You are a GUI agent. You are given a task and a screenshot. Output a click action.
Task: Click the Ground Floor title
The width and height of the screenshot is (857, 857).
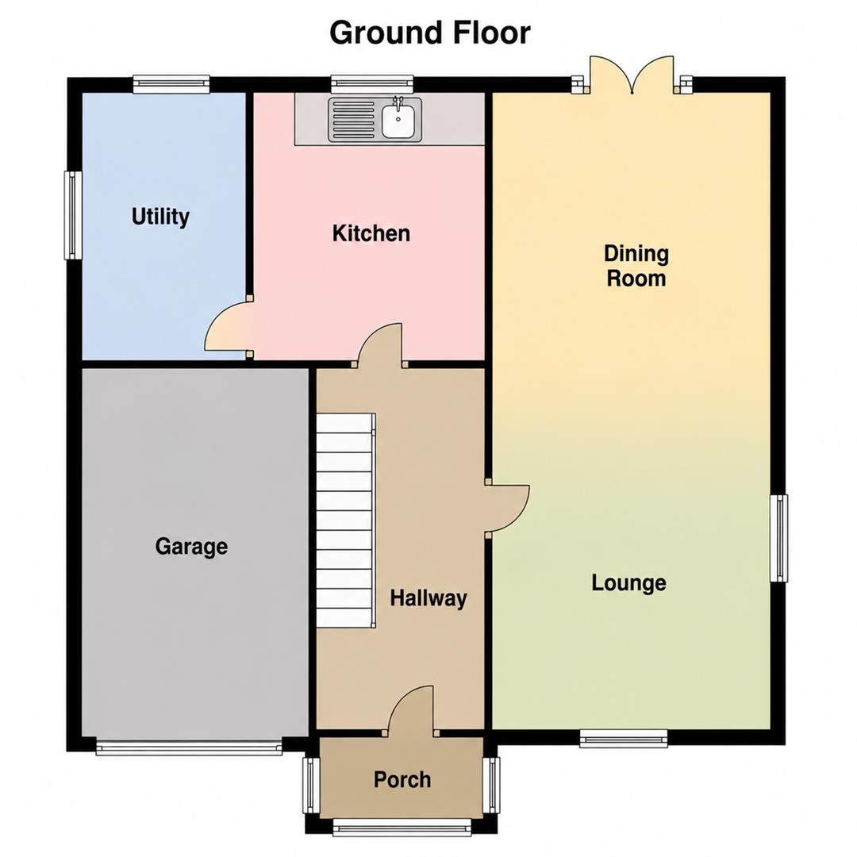[x=429, y=33]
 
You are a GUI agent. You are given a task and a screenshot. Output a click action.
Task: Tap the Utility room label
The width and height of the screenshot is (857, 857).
[x=160, y=217]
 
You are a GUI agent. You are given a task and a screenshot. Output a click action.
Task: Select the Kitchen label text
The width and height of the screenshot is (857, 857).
[x=371, y=233]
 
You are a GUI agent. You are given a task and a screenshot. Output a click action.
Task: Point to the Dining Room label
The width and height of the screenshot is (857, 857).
[x=636, y=266]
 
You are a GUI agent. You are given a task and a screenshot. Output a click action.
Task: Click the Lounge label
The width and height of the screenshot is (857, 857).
[x=629, y=582]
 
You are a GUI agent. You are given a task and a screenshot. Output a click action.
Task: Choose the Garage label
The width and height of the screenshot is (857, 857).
[x=191, y=547]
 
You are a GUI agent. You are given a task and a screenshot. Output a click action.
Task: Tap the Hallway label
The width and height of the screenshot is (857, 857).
[x=428, y=598]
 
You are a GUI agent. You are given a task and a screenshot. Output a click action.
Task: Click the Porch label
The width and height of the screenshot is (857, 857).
[x=402, y=779]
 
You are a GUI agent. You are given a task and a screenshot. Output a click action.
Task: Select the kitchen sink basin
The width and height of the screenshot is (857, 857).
[x=398, y=121]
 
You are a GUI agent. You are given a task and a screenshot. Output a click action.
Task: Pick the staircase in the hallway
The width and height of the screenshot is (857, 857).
[x=346, y=521]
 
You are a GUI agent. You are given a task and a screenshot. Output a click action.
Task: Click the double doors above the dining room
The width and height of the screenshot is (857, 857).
[x=632, y=75]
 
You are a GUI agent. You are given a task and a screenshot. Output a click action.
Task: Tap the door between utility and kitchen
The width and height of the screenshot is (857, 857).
[x=229, y=327]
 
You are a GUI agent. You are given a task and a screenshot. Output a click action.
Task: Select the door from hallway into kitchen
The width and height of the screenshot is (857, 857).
[x=380, y=344]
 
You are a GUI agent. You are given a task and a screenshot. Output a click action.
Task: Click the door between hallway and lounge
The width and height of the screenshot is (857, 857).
[x=509, y=508]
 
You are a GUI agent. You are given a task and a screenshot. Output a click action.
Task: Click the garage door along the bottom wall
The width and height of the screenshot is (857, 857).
[x=189, y=747]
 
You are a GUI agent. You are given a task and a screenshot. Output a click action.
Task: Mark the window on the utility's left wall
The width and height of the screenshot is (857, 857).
[x=73, y=215]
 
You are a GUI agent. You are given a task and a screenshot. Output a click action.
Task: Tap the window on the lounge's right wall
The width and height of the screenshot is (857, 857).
[x=779, y=538]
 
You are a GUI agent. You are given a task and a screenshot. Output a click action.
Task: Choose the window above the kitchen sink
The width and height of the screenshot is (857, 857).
[x=372, y=83]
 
